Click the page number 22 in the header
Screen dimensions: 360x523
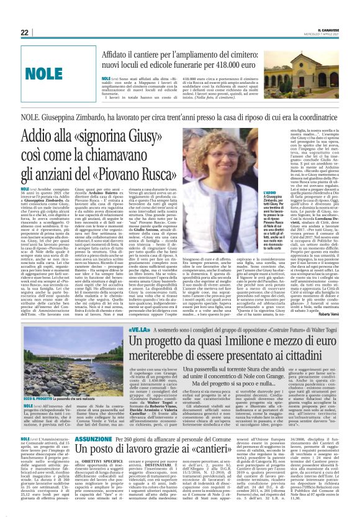pos(24,32)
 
